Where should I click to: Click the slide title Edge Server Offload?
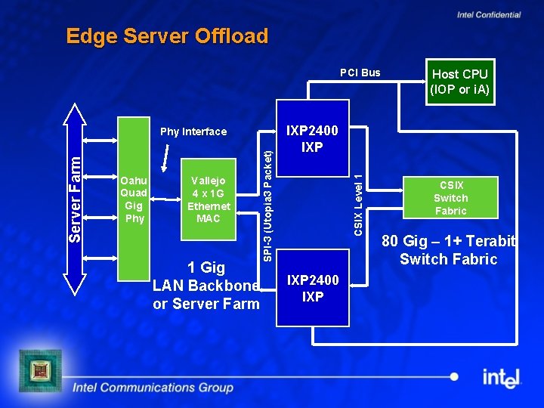pyautogui.click(x=167, y=36)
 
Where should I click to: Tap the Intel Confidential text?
pyautogui.click(x=488, y=14)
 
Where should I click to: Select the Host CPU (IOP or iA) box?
pyautogui.click(x=459, y=82)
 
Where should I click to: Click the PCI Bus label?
pyautogui.click(x=360, y=73)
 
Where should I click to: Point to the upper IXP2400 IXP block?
pyautogui.click(x=312, y=138)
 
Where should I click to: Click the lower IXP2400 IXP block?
pyautogui.click(x=312, y=289)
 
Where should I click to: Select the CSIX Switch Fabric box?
pyautogui.click(x=450, y=198)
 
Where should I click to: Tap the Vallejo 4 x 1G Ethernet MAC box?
pyautogui.click(x=208, y=199)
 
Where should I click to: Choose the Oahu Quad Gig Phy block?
pyautogui.click(x=134, y=199)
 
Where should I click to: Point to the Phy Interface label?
pyautogui.click(x=193, y=131)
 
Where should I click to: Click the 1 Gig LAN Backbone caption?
pyautogui.click(x=206, y=286)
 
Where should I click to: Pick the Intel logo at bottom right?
pyautogui.click(x=502, y=376)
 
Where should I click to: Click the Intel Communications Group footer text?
pyautogui.click(x=153, y=388)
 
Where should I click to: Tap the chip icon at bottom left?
pyautogui.click(x=39, y=370)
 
